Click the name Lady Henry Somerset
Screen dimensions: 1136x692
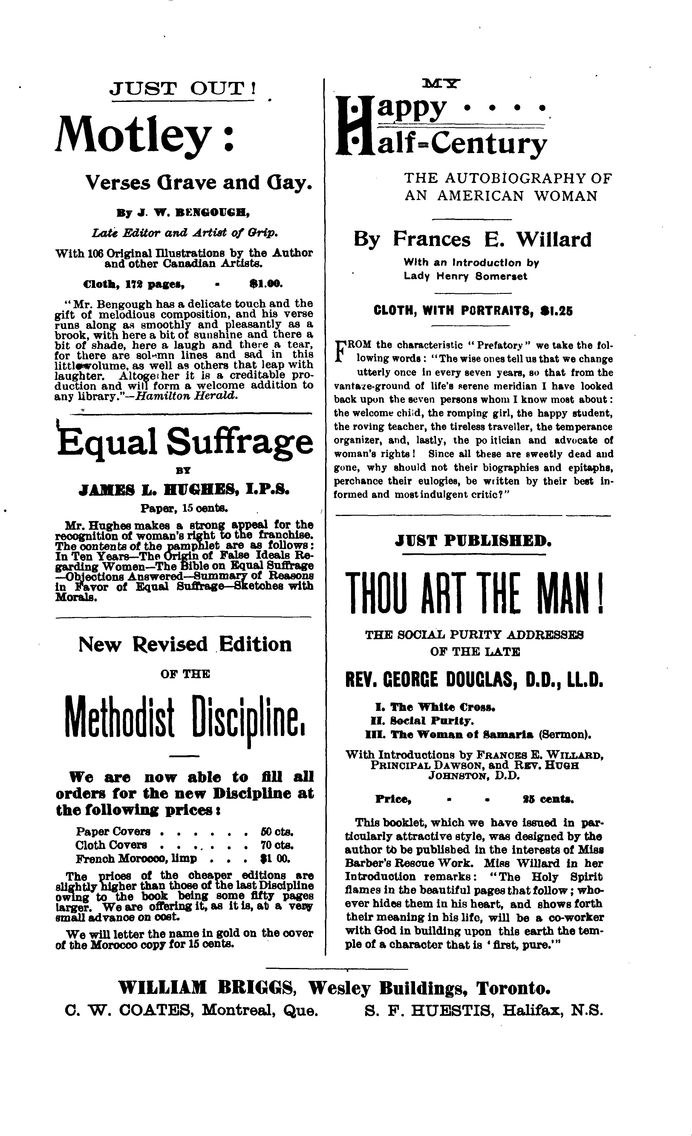[x=465, y=276]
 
